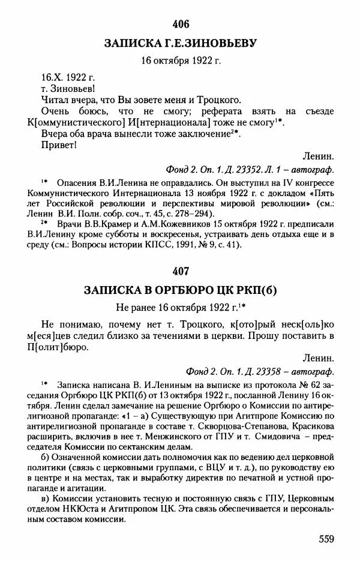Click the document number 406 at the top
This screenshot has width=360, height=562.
click(x=180, y=24)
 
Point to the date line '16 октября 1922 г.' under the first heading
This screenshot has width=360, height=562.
click(x=180, y=61)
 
